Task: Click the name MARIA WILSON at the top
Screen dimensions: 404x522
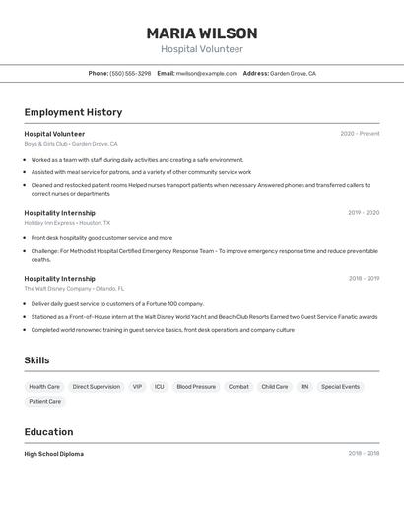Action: pos(202,33)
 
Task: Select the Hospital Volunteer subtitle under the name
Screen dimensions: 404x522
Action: pos(202,49)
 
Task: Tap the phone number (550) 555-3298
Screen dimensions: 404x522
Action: pos(130,73)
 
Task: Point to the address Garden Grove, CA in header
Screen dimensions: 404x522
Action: pos(293,73)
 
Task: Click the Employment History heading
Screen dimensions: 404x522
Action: pos(73,112)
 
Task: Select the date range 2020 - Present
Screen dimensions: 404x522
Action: pos(360,134)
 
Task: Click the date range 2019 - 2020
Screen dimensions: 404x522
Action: pos(364,212)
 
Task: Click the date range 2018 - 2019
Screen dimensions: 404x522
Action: pos(364,278)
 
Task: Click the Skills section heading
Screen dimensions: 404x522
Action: pos(36,360)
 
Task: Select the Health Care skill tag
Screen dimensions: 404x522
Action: pos(44,387)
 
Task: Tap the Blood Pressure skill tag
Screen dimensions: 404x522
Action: pos(196,387)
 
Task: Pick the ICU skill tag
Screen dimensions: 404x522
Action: pos(160,387)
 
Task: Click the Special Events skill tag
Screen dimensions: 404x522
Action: pos(340,387)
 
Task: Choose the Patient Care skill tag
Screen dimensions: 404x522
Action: pos(44,402)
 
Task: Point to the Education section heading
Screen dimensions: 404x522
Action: pos(48,432)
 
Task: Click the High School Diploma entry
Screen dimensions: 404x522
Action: pos(54,454)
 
